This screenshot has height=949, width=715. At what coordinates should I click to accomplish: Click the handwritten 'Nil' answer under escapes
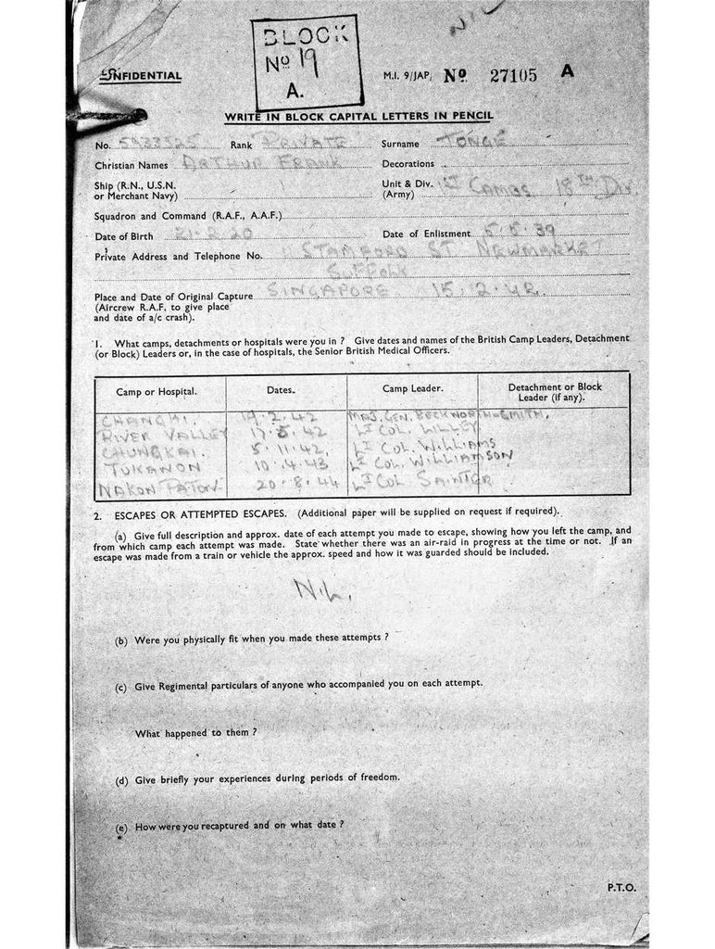pyautogui.click(x=309, y=589)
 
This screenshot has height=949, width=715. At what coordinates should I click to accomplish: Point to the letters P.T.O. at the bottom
pyautogui.click(x=621, y=887)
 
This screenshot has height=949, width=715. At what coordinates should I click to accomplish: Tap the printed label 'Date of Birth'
pyautogui.click(x=124, y=236)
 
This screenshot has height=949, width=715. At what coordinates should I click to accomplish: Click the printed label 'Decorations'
pyautogui.click(x=408, y=164)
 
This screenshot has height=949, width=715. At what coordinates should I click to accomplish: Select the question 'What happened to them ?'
pyautogui.click(x=196, y=732)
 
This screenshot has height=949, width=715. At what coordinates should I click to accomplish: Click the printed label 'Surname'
pyautogui.click(x=400, y=145)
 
